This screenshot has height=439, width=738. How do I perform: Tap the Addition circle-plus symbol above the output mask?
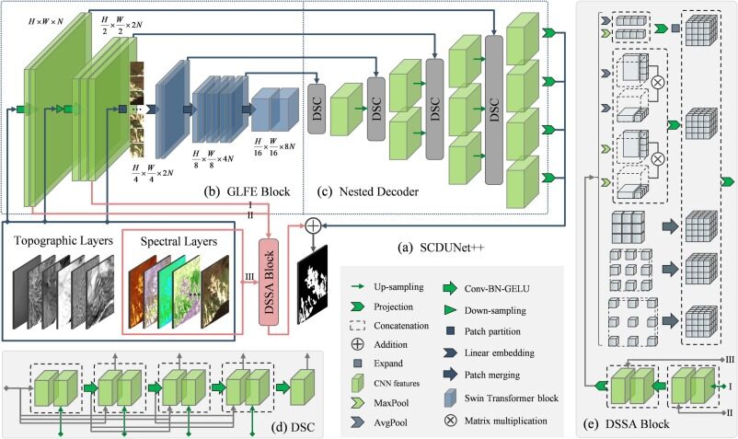pos(313,225)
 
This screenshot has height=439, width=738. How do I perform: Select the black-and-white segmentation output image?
pos(313,282)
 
